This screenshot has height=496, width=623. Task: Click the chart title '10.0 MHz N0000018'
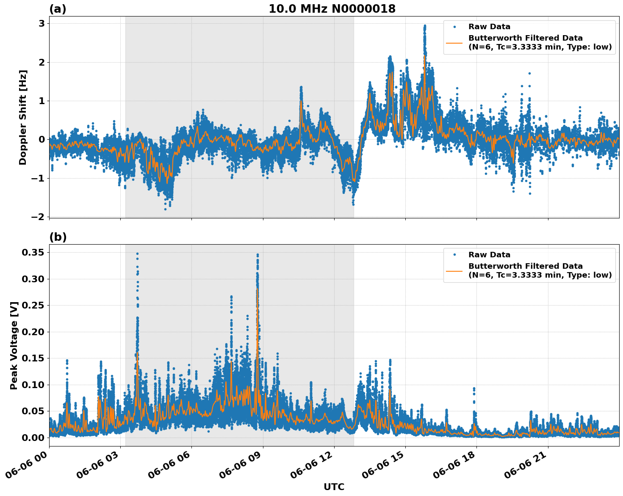pyautogui.click(x=332, y=9)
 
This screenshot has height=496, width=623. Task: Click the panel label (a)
pyautogui.click(x=58, y=9)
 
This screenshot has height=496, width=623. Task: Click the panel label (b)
pyautogui.click(x=58, y=237)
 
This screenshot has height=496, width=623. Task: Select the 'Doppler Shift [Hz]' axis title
pyautogui.click(x=23, y=117)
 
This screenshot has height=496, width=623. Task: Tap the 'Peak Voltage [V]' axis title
pyautogui.click(x=14, y=345)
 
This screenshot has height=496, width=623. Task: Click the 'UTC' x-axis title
pyautogui.click(x=334, y=487)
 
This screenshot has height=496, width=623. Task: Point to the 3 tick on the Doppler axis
pyautogui.click(x=42, y=24)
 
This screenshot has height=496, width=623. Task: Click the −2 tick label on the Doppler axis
pyautogui.click(x=38, y=217)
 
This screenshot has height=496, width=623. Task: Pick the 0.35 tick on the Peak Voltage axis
pyautogui.click(x=33, y=253)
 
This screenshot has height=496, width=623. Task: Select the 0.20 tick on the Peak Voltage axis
pyautogui.click(x=33, y=332)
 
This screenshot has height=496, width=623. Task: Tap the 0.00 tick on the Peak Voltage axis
pyautogui.click(x=33, y=438)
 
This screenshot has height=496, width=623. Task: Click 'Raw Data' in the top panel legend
pyautogui.click(x=489, y=27)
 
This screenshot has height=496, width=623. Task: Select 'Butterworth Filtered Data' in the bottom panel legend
pyautogui.click(x=525, y=266)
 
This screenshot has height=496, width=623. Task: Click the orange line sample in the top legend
pyautogui.click(x=454, y=42)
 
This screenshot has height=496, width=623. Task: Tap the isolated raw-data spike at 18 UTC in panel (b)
pyautogui.click(x=474, y=389)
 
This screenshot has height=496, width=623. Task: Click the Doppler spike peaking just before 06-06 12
pyautogui.click(x=301, y=88)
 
